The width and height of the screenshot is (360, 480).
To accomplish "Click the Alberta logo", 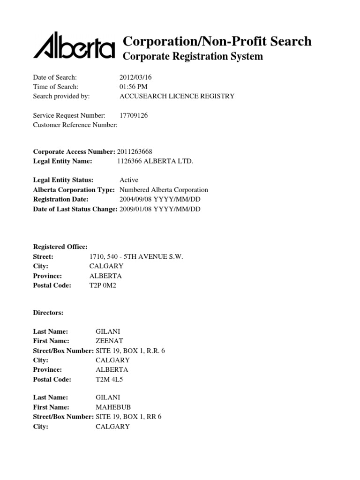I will [x=74, y=46].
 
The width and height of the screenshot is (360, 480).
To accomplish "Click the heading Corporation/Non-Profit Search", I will [x=217, y=41].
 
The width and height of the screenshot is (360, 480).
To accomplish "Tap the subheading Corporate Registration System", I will [x=193, y=57].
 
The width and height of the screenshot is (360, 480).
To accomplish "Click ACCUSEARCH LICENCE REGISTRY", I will [x=177, y=96].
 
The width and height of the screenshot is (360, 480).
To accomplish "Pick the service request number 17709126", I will [x=134, y=115].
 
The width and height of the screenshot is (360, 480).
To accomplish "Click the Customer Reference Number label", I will [x=75, y=125].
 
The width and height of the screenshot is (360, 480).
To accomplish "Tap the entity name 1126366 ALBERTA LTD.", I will [x=155, y=161].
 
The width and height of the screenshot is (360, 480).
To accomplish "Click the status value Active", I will [x=129, y=180].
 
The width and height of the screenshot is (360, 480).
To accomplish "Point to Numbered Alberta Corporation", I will [x=164, y=190].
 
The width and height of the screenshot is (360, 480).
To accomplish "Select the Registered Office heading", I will [x=60, y=247].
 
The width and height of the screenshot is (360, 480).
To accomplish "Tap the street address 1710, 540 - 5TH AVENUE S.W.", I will [x=136, y=257].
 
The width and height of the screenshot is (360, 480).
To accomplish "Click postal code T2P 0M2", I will [x=102, y=285].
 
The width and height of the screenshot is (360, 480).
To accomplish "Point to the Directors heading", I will [x=48, y=312].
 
